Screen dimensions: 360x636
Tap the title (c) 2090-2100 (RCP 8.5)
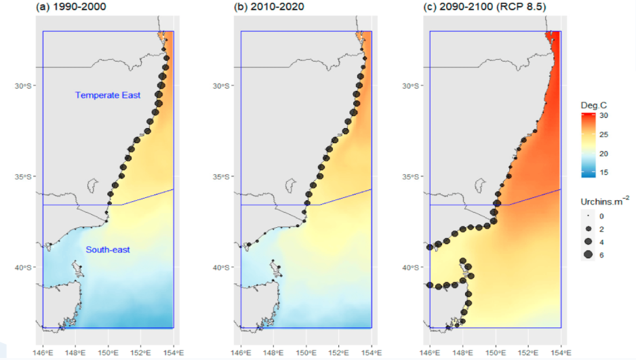point(475,7)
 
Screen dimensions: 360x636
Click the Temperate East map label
point(108,96)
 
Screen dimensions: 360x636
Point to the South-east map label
point(108,250)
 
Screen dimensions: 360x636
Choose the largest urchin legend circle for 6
point(588,254)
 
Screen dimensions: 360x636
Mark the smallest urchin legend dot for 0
point(588,216)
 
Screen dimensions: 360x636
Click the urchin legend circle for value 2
point(588,228)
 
